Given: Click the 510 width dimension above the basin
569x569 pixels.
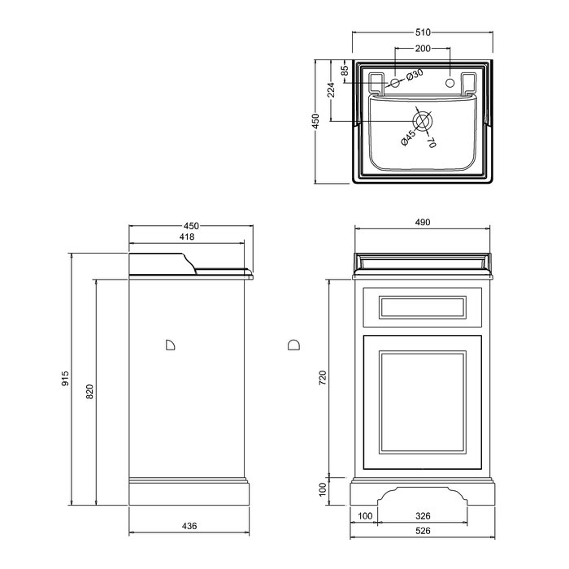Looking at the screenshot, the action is point(423,33).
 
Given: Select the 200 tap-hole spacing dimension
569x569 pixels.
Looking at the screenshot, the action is point(423,48).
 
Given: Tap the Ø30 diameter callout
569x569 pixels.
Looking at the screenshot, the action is point(415,75).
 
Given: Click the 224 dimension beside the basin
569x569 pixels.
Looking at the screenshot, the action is point(331,90).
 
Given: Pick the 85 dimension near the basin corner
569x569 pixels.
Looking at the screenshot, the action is point(345,69).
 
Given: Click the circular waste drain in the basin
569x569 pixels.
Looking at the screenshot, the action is point(423,121).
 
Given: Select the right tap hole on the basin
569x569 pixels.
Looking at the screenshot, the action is point(450,83).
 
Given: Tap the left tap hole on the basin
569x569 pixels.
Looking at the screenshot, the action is point(395,83).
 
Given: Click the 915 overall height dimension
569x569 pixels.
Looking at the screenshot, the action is point(65,379).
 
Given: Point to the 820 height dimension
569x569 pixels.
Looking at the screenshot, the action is point(89,392).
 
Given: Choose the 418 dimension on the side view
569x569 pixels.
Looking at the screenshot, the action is point(187,237).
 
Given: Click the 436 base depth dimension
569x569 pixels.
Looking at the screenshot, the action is point(189,525).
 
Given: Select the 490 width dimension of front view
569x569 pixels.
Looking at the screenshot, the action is point(423,222).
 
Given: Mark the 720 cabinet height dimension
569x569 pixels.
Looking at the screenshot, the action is point(322,378).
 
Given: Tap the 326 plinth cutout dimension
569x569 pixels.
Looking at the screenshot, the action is point(423,515).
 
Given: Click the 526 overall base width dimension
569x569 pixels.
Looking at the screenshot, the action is point(423,531).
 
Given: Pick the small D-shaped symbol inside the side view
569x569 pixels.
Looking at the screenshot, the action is point(170,345).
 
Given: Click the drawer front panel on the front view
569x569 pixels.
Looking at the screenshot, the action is point(423,307).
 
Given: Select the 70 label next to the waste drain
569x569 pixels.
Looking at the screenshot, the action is point(431,141).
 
